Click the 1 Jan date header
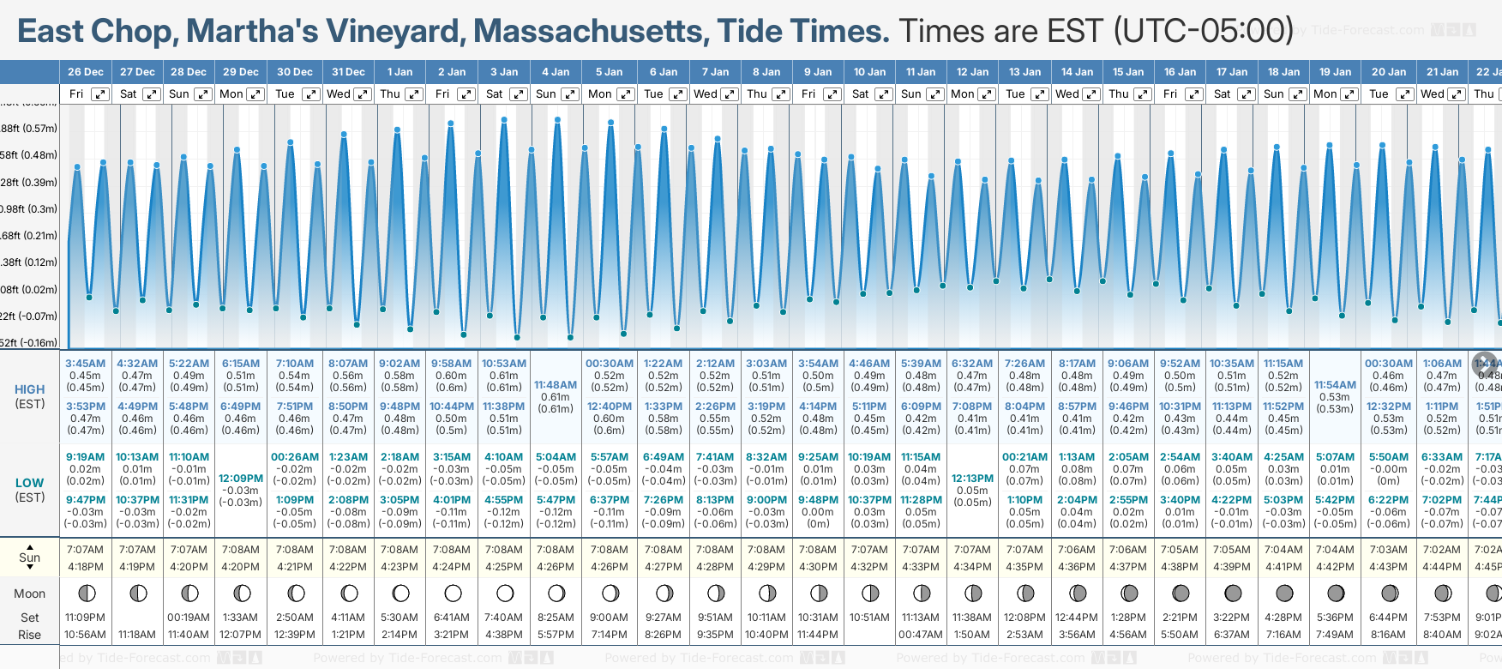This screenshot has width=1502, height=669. point(400,72)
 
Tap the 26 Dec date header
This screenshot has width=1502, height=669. point(86,72)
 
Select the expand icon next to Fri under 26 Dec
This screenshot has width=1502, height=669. point(100,94)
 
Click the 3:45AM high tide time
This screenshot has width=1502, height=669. point(86,364)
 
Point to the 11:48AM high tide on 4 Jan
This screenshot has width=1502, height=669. point(556,385)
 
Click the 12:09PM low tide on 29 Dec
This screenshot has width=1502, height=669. point(241,479)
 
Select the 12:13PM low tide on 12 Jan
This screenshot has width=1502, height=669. point(973,479)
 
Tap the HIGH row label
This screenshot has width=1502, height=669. point(30,389)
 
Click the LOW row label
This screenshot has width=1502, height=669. point(30,483)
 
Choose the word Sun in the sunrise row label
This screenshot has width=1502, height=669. point(30,557)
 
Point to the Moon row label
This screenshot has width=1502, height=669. point(30,594)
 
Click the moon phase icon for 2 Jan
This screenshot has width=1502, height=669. point(453,594)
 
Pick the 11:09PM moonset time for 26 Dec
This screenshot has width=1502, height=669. point(86,618)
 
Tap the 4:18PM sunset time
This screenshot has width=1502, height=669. point(86,567)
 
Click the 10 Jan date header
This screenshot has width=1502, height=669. point(870,72)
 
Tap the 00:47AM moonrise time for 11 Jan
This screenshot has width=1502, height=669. point(921,635)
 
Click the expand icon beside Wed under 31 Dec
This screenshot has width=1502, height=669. point(363,94)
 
